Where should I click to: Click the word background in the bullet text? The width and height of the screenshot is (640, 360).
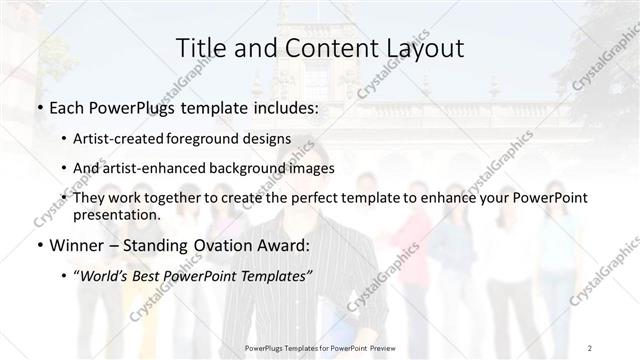click(x=258, y=168)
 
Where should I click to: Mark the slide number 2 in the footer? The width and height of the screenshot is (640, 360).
click(x=591, y=347)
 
